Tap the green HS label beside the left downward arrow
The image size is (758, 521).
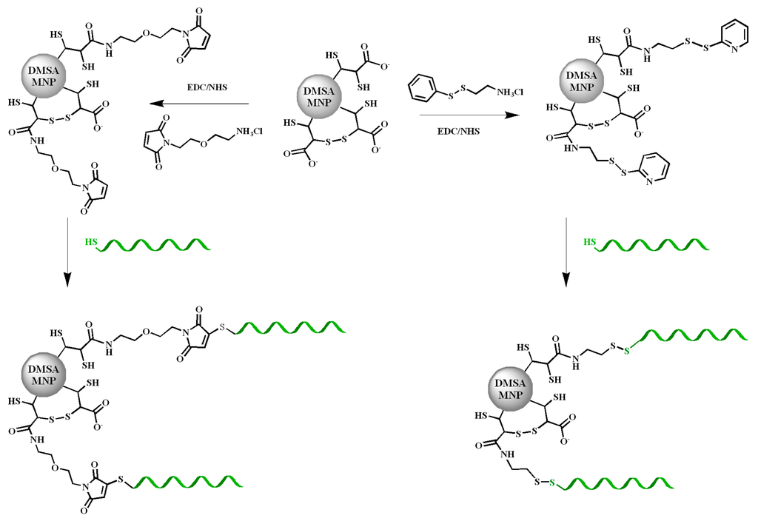pos(91,243)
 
